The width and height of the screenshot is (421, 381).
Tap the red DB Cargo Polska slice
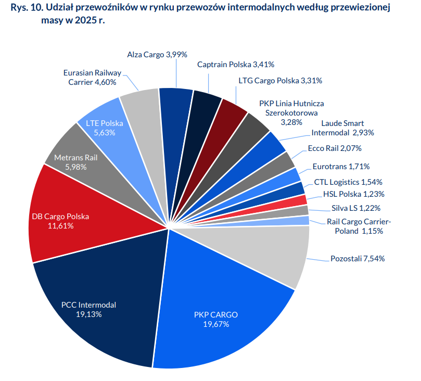68,219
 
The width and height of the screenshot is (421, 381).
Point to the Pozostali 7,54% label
358,259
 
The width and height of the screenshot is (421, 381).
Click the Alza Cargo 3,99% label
157,54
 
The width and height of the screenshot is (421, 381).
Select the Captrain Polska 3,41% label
236,65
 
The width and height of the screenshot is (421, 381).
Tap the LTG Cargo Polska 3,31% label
280,81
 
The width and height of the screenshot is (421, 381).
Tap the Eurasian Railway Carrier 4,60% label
92,78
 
